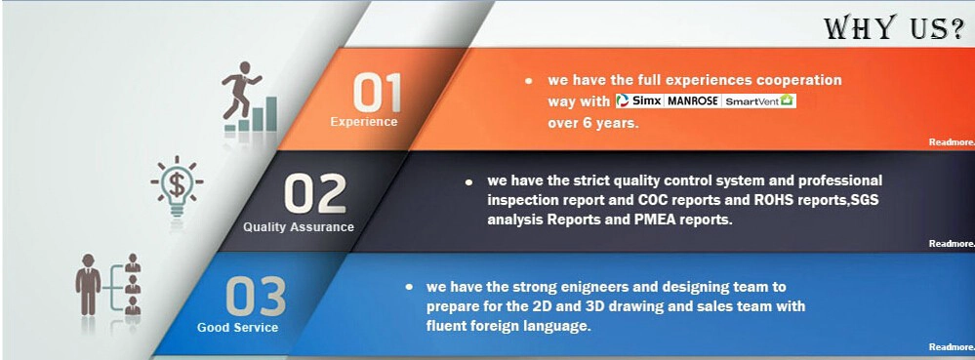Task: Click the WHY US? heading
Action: [894, 28]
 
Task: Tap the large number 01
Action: [377, 93]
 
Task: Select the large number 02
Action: [314, 194]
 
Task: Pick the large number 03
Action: [256, 296]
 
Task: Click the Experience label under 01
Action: [364, 122]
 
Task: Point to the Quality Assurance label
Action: [299, 227]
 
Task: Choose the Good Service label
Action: [237, 327]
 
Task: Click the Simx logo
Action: [639, 100]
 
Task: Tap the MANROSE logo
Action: [693, 100]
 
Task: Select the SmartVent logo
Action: [759, 100]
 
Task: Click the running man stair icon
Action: [250, 97]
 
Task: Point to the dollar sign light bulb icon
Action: [177, 185]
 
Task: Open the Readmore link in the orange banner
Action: [952, 142]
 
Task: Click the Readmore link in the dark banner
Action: [952, 244]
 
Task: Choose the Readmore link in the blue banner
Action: [952, 347]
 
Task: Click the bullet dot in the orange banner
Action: [529, 81]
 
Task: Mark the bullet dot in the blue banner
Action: [409, 287]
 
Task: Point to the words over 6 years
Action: [593, 123]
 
